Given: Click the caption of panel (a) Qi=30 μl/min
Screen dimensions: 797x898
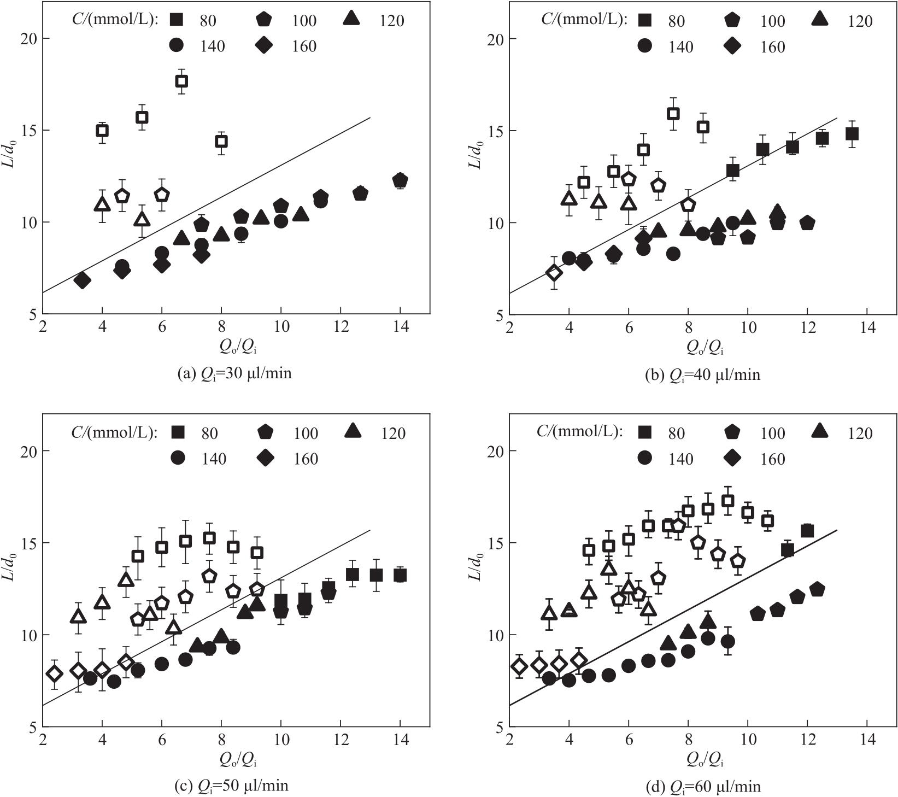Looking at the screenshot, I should [x=234, y=373].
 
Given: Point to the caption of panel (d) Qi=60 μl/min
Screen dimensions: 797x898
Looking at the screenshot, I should [x=702, y=787].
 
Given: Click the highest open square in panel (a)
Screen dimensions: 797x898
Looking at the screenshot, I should [x=181, y=81].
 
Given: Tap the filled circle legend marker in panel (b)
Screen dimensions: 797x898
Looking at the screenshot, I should [x=645, y=46].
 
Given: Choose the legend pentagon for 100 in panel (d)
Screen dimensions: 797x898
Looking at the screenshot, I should [x=733, y=433].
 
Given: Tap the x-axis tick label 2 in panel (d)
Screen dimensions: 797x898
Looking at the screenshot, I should [x=509, y=740].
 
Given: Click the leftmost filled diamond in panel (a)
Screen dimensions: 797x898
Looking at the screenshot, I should [x=83, y=280].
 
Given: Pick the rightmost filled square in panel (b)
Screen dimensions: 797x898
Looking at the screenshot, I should [x=852, y=134].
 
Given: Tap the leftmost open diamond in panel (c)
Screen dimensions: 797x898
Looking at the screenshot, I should [x=54, y=673].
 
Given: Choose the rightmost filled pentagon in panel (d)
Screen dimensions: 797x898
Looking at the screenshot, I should [x=817, y=589].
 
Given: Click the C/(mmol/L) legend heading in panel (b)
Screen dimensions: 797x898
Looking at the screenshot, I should [x=583, y=20].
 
